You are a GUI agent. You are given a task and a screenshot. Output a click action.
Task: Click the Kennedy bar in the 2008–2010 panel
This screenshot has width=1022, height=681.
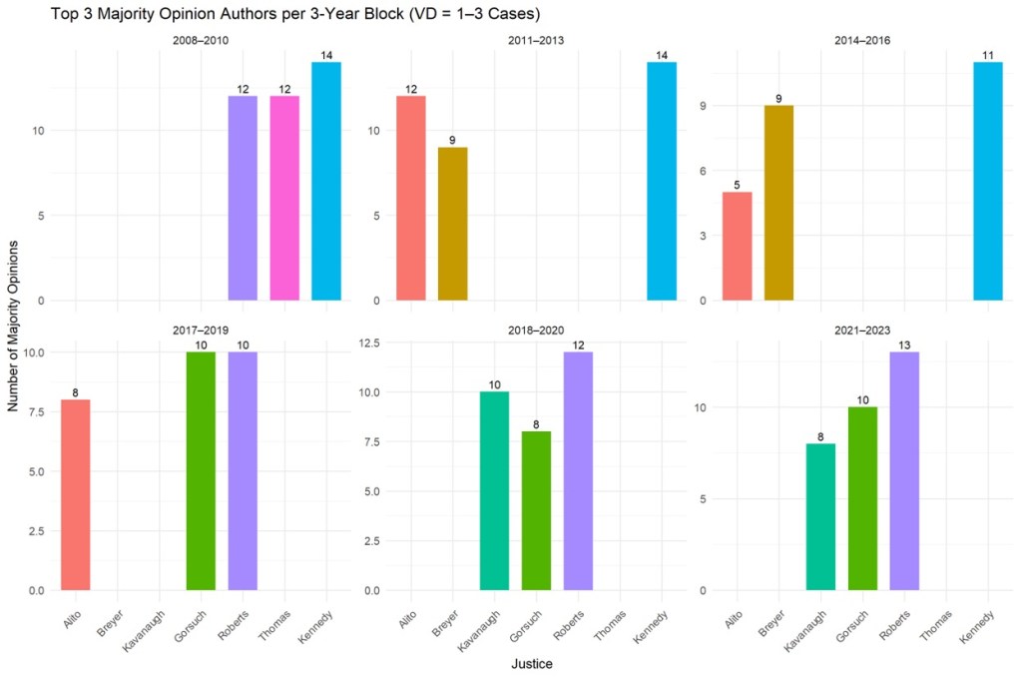coord(326,181)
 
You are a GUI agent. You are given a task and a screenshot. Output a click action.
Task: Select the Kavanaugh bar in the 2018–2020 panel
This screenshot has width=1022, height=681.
coord(494,490)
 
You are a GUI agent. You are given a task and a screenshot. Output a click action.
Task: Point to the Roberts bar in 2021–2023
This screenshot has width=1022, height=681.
coord(904,470)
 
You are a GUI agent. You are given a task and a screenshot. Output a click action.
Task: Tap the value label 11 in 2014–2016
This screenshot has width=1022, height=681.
coord(988,55)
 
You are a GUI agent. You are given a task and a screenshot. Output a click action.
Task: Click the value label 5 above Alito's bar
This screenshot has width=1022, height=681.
coord(737,185)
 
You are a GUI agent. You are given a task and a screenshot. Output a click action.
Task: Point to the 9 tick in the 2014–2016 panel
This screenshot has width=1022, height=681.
coord(704,106)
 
